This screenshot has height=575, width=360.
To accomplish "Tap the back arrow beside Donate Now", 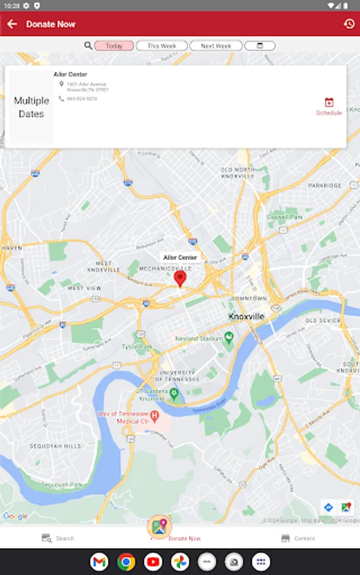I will point(12,24).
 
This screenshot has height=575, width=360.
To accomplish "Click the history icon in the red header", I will point(348,24).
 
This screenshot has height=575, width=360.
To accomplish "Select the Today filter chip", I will point(114,46).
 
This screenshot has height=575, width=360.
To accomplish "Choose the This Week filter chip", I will point(161,46).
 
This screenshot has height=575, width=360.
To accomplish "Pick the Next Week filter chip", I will point(215,46).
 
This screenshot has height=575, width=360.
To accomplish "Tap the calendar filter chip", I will point(260,46).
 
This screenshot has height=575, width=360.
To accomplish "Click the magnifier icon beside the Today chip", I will point(88,46).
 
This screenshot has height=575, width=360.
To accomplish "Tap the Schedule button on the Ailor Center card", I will point(329,106).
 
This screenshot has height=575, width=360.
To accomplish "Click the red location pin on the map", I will point(180,278).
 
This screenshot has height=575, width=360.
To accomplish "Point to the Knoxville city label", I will point(246,317).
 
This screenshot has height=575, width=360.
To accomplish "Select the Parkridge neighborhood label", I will point(325,185).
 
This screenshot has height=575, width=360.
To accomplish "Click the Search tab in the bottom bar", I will point(58,539).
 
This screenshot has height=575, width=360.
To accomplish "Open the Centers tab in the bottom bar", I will point(298,539).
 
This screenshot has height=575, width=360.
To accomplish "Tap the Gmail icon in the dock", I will point(99,562).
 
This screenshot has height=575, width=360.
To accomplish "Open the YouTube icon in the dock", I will point(153,562).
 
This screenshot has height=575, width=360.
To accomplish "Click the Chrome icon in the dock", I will point(126,562).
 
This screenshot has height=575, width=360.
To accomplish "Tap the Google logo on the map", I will point(15,516).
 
